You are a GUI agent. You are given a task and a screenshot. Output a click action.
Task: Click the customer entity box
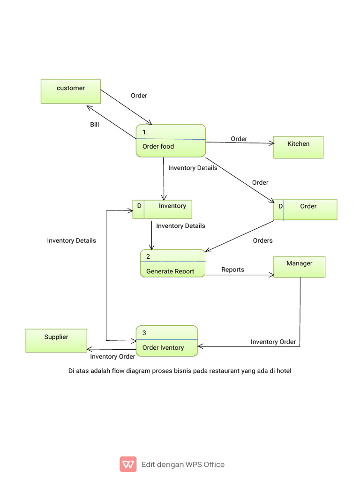(x=71, y=91)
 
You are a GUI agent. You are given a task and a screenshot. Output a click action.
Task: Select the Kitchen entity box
(x=299, y=147)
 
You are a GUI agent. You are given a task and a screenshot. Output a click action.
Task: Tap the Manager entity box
(x=299, y=267)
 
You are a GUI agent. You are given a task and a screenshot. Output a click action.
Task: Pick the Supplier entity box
(x=56, y=340)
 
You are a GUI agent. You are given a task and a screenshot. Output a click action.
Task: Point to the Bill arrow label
(x=95, y=125)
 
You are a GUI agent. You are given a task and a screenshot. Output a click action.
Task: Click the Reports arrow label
(x=232, y=270)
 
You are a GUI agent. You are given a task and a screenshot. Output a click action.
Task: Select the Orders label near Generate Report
(x=262, y=240)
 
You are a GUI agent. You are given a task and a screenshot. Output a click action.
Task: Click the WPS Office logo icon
(x=128, y=464)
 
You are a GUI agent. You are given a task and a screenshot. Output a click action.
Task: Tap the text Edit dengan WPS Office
(x=183, y=465)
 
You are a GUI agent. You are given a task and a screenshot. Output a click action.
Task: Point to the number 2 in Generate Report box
(x=148, y=256)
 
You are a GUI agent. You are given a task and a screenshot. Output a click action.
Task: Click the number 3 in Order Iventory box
(x=144, y=333)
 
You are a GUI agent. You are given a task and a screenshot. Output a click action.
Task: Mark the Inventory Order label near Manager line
(x=273, y=342)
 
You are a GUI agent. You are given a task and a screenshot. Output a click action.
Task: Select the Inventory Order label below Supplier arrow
(x=112, y=356)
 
